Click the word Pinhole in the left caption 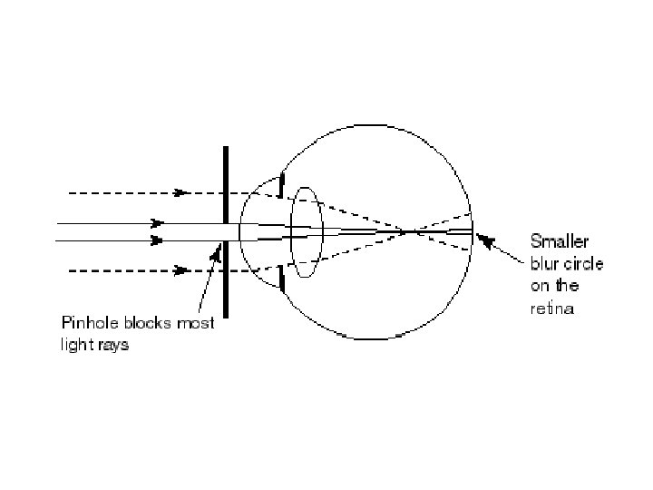point(86,324)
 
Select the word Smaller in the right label point(559,242)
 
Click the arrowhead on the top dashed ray point(181,192)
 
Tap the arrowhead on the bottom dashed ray point(181,269)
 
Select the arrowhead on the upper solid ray point(157,221)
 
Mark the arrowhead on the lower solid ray point(157,240)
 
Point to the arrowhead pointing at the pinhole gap point(216,255)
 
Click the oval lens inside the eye point(306,231)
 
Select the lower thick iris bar point(282,279)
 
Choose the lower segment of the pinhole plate point(225,281)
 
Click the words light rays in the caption point(94,346)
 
